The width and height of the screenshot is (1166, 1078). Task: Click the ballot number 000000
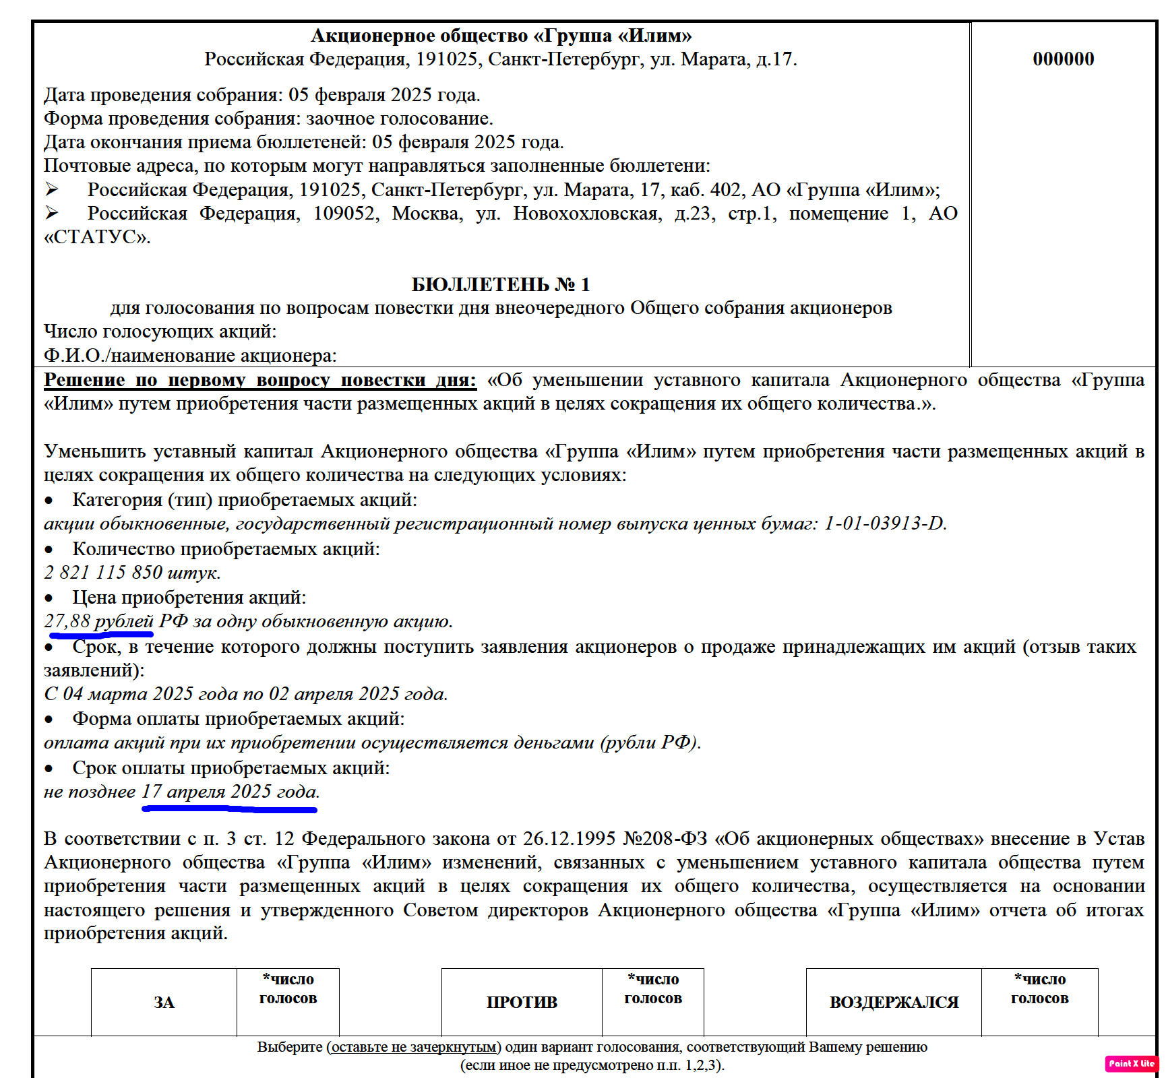click(1063, 59)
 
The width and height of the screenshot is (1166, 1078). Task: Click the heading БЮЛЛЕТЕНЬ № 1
click(500, 284)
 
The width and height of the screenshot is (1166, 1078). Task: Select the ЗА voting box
click(164, 1002)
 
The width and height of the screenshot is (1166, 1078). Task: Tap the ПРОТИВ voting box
click(522, 1002)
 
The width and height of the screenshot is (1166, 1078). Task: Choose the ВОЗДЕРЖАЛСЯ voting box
click(894, 1002)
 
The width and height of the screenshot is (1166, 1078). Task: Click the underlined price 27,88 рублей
click(99, 621)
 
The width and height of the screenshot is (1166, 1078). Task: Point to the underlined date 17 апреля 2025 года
click(229, 792)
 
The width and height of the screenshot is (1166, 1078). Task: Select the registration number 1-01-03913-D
click(884, 524)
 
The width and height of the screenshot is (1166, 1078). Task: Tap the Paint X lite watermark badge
click(1132, 1063)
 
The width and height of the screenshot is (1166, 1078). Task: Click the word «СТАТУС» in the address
click(96, 237)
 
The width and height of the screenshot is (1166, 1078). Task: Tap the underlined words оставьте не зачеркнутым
click(414, 1047)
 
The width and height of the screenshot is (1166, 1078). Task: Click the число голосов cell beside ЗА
click(288, 1002)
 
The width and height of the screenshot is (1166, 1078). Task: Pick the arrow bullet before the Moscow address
click(52, 214)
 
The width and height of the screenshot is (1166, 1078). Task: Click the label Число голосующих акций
click(160, 331)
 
